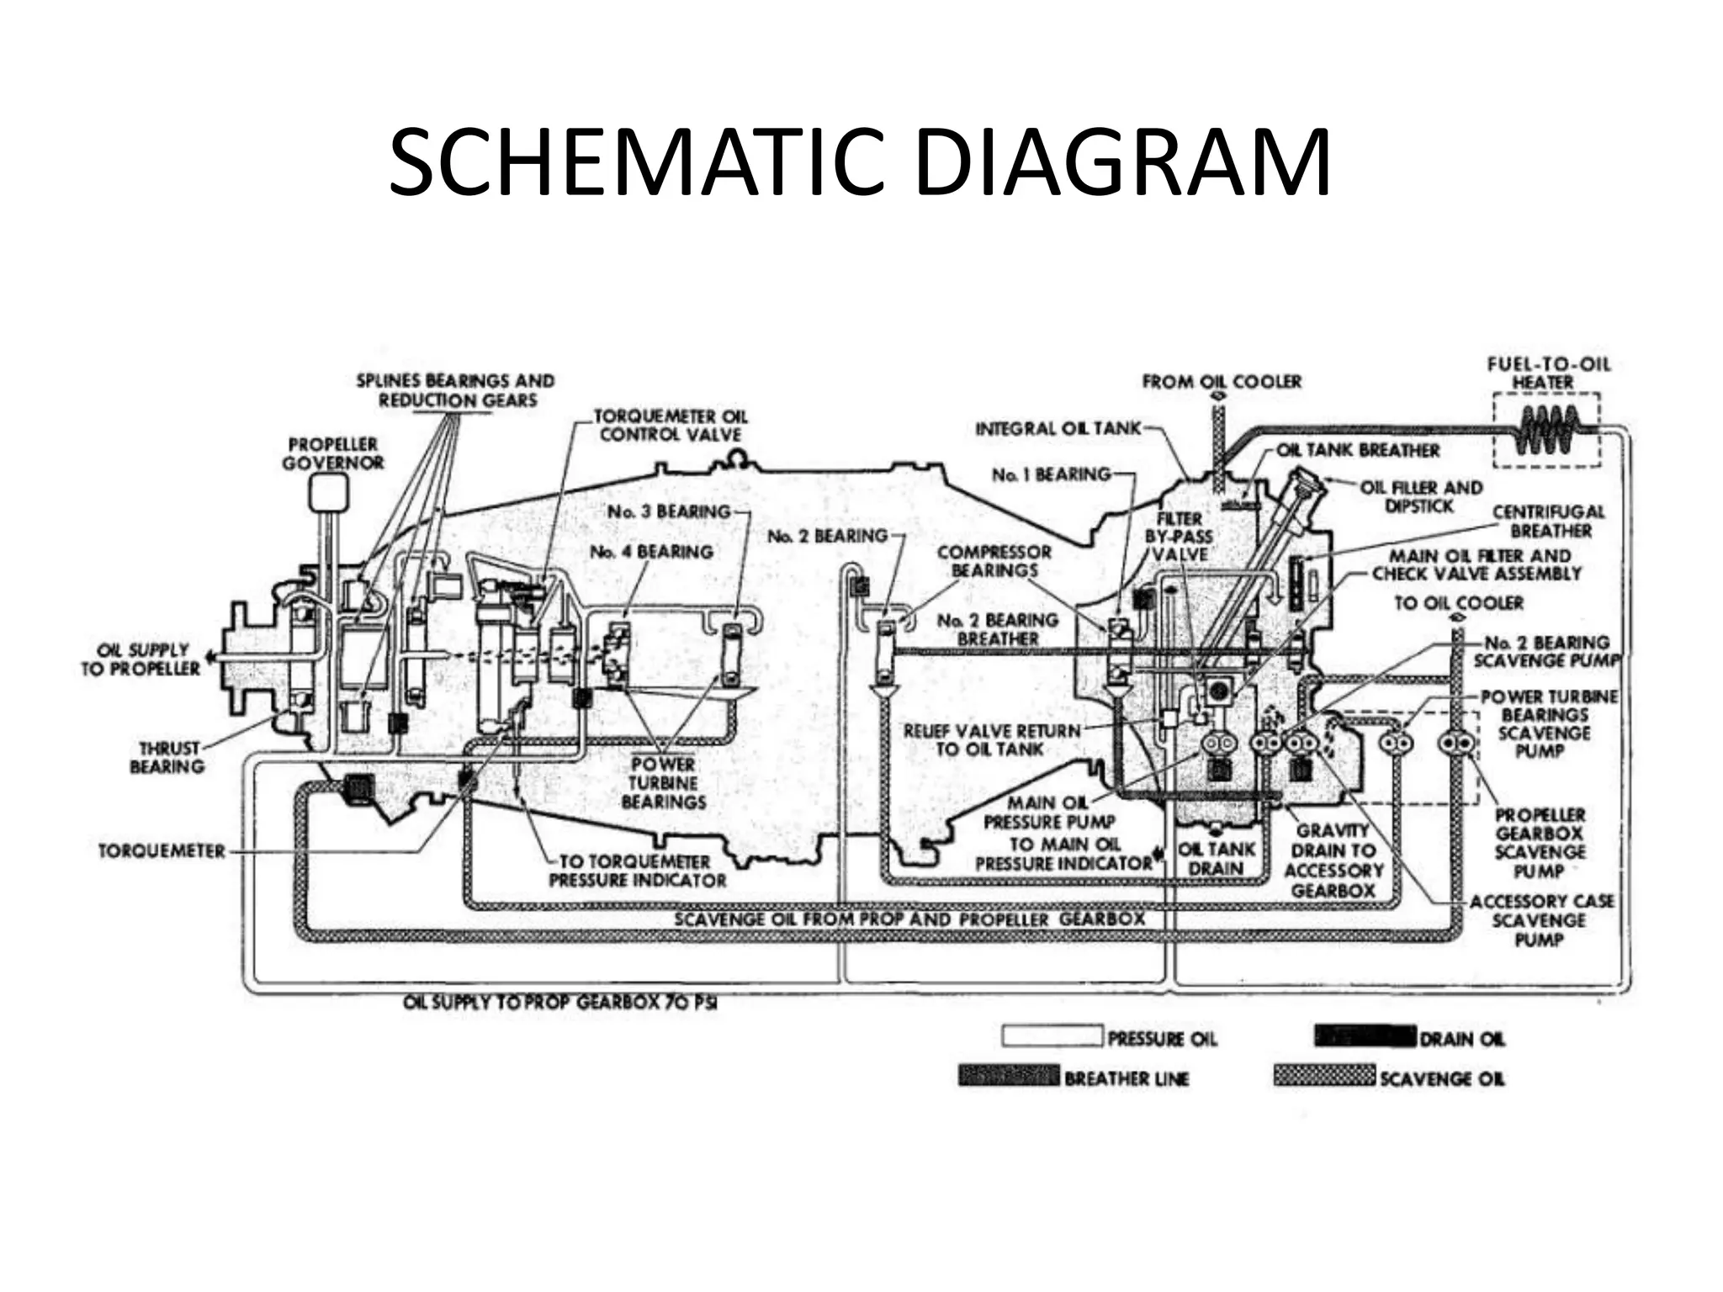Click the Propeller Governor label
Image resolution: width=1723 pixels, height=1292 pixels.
pos(333,453)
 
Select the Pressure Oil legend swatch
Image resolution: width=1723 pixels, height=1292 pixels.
pos(1052,1036)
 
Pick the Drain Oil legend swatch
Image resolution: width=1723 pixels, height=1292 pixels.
pos(1365,1036)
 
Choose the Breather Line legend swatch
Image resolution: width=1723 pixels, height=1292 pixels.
pos(1009,1076)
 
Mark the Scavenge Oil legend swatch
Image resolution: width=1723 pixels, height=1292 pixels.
pos(1324,1076)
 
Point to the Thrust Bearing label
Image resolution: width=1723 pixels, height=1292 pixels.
pos(168,757)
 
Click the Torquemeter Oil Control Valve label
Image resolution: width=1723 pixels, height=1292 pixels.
pos(671,426)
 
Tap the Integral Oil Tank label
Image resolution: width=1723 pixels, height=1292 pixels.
pos(1058,429)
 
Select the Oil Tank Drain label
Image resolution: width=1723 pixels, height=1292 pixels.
pos(1217,859)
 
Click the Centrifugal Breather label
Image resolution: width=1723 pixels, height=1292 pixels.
pos(1549,522)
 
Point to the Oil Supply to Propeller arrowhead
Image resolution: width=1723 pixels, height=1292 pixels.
pos(210,657)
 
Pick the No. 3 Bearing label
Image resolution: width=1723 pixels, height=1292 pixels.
pos(669,511)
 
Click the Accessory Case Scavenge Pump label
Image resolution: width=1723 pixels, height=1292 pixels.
pos(1541,920)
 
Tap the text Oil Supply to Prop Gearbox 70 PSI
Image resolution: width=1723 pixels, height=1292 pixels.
pos(559,1003)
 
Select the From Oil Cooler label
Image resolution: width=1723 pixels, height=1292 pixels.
pos(1222,382)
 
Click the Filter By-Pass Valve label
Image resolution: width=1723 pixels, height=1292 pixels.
pos(1179,537)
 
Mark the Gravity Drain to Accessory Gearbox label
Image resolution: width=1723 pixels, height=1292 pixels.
pos(1333,860)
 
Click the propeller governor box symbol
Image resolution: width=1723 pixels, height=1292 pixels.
pos(328,493)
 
